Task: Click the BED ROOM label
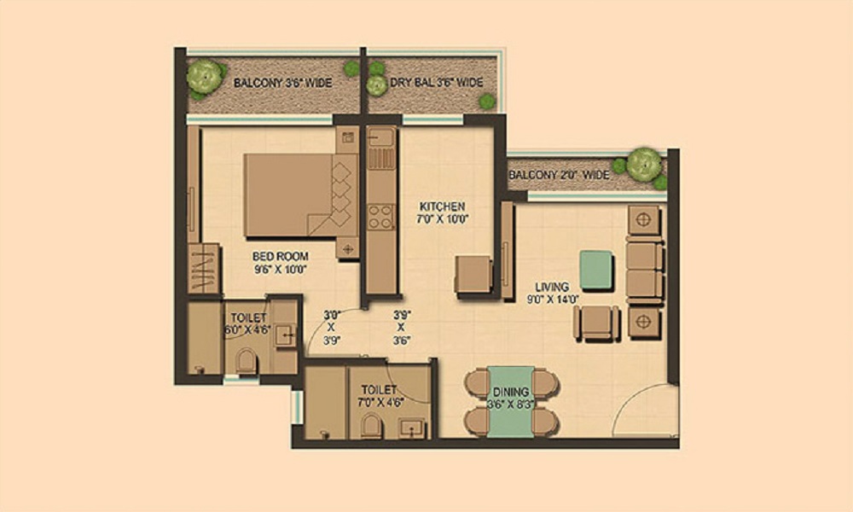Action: [280, 256]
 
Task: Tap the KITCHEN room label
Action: [442, 207]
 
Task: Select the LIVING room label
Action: [552, 287]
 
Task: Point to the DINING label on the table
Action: [511, 392]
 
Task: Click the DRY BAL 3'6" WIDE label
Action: [436, 83]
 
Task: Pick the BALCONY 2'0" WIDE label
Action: [560, 175]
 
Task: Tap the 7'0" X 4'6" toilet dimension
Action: [379, 403]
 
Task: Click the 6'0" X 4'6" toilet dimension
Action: [248, 329]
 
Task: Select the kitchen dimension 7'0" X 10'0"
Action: [442, 219]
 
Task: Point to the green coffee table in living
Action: [596, 270]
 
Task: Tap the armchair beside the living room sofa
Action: [596, 323]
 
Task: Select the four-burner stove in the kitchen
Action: [380, 216]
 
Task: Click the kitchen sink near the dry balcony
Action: [380, 138]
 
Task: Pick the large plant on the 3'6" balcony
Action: [205, 77]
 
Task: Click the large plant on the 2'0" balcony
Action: [644, 165]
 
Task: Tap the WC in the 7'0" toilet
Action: [372, 426]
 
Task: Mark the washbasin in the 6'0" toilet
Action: [285, 335]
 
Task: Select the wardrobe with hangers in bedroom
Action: [204, 269]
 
